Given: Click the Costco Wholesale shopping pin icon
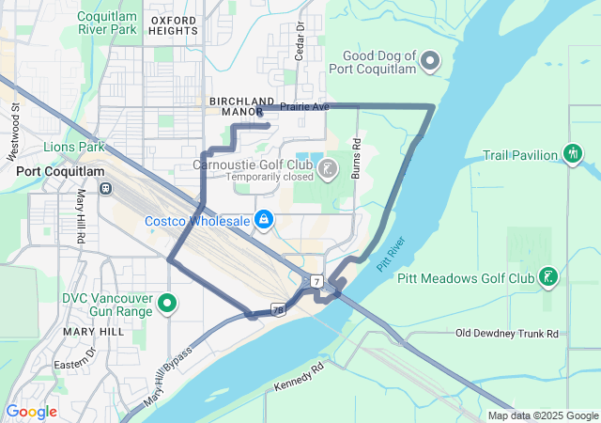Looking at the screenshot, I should pos(264,220).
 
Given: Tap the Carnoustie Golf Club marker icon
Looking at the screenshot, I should pos(327,169).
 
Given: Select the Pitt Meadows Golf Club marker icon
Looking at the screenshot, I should pos(547,277).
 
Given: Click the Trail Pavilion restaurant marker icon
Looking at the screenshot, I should pos(573,153).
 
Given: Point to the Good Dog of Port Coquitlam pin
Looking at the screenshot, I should pos(431,62).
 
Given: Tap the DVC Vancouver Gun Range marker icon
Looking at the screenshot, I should pos(167,303).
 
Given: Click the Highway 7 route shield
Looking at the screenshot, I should pos(318,281).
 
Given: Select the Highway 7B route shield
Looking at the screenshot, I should pos(279,307).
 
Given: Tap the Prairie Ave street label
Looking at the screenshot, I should pos(304,107).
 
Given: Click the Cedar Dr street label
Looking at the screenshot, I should pos(300,41).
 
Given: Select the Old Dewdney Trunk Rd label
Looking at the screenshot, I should pos(507,334).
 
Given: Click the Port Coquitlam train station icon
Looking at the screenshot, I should pos(106,187).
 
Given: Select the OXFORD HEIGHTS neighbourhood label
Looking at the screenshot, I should pos(173,24).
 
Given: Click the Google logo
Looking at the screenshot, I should pos(31,411).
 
